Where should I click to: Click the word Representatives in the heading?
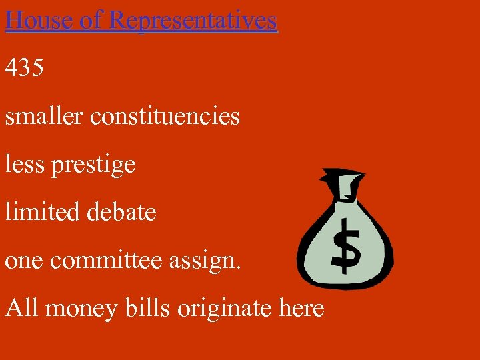[x=193, y=20]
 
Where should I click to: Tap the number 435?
[x=25, y=68]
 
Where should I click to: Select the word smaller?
[x=44, y=116]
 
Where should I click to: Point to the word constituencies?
[x=165, y=116]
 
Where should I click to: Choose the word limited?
[x=43, y=212]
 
